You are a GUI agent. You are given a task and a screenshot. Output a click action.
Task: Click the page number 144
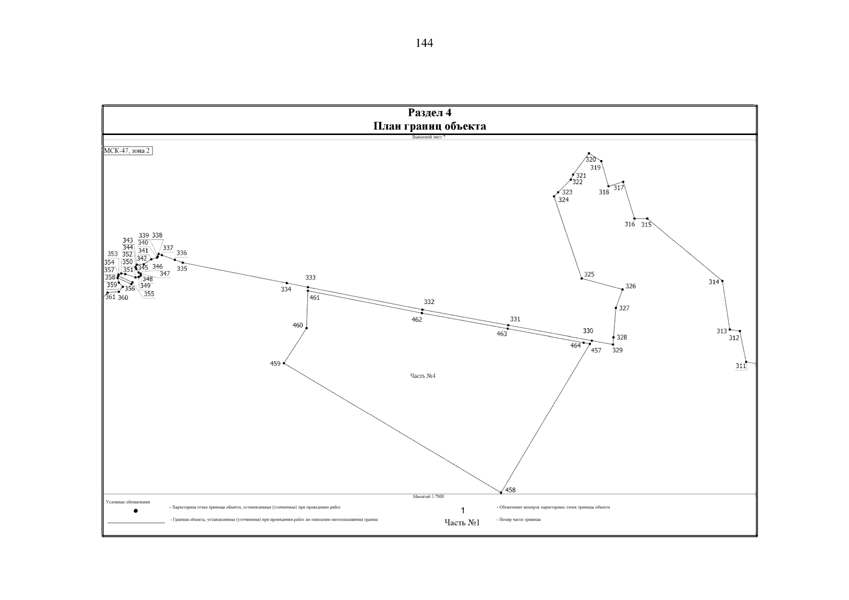coord(424,43)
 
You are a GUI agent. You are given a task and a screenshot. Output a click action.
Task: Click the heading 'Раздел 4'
coord(429,112)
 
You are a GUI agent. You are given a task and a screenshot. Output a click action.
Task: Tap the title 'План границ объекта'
coord(429,126)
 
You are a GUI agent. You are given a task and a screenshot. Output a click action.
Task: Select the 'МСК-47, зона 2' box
coord(127,150)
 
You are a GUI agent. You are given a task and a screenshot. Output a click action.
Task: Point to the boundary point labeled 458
coord(501,492)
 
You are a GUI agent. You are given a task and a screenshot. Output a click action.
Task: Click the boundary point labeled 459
coord(284,363)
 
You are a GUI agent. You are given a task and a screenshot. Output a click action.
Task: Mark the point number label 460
coord(298,325)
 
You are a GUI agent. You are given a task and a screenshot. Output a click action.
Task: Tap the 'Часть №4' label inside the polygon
coord(423,376)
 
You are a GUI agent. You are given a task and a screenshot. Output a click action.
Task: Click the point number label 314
coord(714,282)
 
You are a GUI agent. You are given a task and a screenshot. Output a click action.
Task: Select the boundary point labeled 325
coord(581,278)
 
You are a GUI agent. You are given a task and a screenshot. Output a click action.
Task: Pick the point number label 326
coord(630,286)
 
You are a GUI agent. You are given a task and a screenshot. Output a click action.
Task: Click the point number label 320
coord(591,159)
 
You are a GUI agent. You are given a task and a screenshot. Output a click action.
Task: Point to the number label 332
coord(429,302)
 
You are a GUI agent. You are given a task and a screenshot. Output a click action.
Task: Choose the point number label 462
coord(417,319)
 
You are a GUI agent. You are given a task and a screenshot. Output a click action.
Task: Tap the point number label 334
coord(286,289)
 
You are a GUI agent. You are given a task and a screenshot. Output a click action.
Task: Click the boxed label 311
coord(741,366)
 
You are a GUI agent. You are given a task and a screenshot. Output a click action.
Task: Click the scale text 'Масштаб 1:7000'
coord(428,496)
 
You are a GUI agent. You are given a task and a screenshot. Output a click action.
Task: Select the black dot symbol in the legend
coord(136,510)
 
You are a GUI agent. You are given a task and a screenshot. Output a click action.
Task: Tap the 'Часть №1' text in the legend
coord(462,522)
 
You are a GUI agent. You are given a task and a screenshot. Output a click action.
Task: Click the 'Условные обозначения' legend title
coord(128,502)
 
